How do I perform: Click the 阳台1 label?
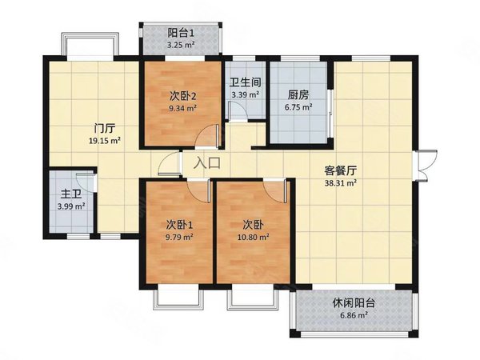[x=181, y=33]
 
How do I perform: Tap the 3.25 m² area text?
[x=181, y=45]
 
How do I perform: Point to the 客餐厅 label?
[x=339, y=170]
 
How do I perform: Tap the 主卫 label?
[x=69, y=194]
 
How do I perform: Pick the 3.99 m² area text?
[x=69, y=206]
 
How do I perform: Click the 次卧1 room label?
[x=178, y=225]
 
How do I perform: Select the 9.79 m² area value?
[x=178, y=237]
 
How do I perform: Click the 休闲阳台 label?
[x=353, y=303]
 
